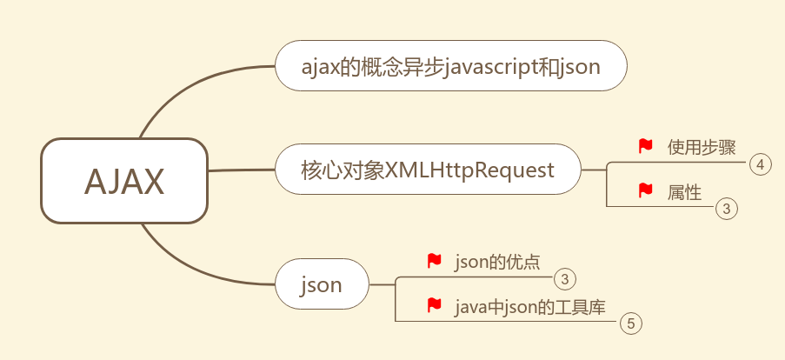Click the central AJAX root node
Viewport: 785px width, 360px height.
[124, 181]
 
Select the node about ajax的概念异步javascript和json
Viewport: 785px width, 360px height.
[450, 66]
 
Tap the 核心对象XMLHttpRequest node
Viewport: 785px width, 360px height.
[428, 170]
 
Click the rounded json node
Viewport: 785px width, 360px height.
[322, 284]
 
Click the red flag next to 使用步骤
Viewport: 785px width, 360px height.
[645, 146]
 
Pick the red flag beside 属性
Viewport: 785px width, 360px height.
[645, 190]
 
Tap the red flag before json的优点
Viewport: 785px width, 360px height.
[435, 261]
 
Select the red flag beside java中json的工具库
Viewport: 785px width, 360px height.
[435, 305]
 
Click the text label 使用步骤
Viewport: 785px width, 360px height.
[695, 146]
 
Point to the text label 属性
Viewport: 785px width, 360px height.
[684, 191]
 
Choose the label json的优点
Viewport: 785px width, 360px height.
[496, 262]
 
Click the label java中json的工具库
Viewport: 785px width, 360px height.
[529, 306]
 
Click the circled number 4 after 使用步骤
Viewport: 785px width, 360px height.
[760, 164]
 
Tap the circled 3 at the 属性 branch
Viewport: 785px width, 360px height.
[726, 209]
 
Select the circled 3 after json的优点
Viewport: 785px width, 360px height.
[564, 279]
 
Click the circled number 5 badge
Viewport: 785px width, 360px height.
[631, 324]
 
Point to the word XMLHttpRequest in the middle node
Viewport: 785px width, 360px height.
[469, 170]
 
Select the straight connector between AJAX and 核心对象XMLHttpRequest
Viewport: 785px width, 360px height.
[242, 170]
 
